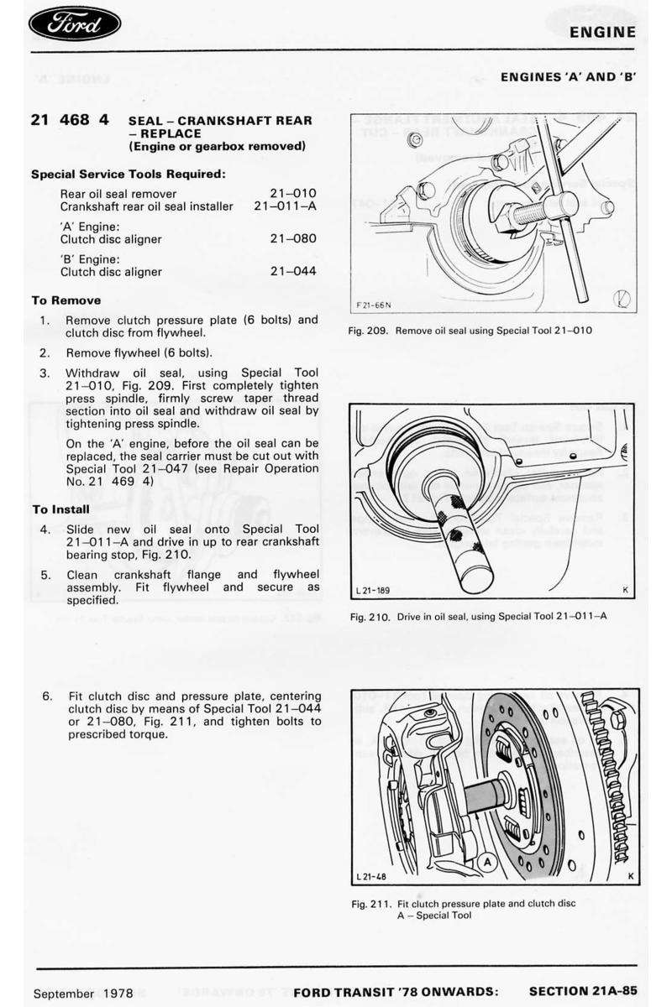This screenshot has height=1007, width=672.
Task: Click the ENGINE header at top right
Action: click(x=601, y=33)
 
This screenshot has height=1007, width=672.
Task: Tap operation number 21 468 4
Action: click(x=70, y=120)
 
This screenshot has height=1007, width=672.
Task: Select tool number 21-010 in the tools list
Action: click(x=293, y=193)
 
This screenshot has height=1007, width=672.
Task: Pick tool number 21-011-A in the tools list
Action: click(x=285, y=206)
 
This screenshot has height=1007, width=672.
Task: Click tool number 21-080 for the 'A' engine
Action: click(x=293, y=239)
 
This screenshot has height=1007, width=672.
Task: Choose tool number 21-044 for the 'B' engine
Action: click(x=293, y=272)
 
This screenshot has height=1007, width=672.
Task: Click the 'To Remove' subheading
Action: click(x=66, y=300)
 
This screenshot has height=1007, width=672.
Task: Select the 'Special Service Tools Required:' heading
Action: click(x=129, y=175)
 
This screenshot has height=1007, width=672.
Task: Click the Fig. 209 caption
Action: click(x=470, y=330)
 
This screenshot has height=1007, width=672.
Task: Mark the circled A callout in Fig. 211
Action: click(x=486, y=860)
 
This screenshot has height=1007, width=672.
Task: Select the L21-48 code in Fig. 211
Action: click(x=371, y=877)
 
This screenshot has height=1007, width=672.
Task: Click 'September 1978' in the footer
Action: click(x=83, y=994)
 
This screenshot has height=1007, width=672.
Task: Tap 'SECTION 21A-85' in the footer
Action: click(x=582, y=992)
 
